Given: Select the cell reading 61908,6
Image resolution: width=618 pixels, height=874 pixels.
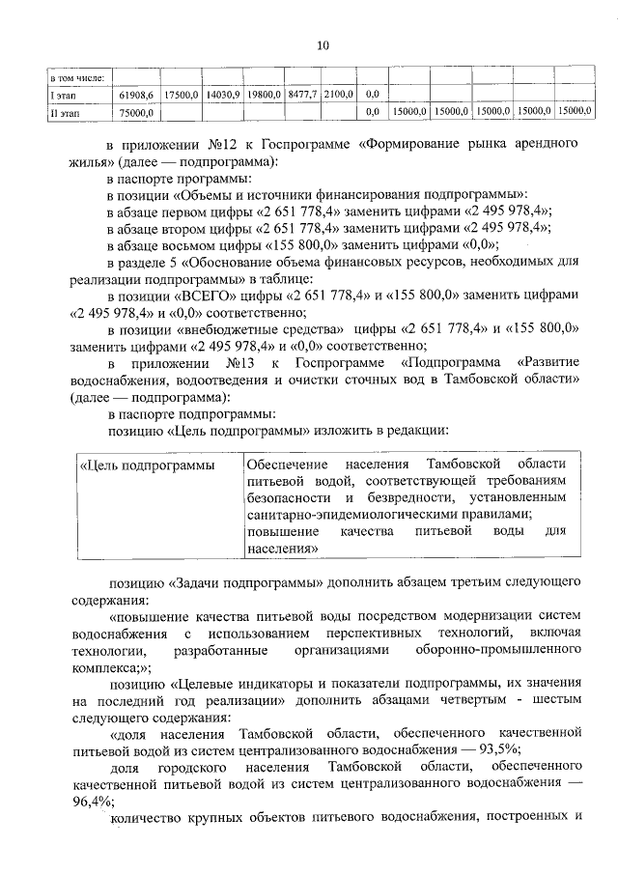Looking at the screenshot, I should tap(136, 94).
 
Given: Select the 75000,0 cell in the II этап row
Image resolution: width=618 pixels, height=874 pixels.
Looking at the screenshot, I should tap(136, 112).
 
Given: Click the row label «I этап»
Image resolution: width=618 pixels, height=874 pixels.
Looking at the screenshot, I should tap(67, 94).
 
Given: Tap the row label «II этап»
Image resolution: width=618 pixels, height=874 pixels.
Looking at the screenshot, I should tap(68, 112).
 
